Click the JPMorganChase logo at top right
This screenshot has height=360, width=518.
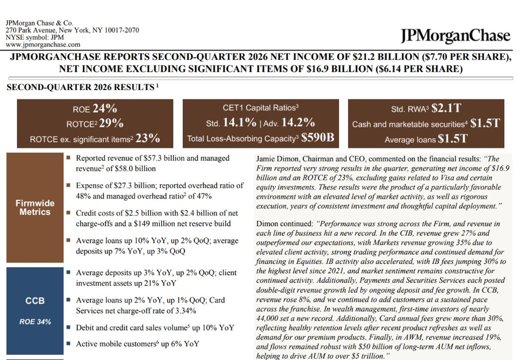pyautogui.click(x=455, y=36)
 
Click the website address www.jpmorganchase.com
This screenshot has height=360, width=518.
pyautogui.click(x=43, y=45)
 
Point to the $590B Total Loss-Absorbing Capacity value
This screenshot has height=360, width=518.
pyautogui.click(x=317, y=137)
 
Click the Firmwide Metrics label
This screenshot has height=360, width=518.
pyautogui.click(x=35, y=207)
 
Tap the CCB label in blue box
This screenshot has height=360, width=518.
pyautogui.click(x=35, y=301)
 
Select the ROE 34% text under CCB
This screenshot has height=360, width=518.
pyautogui.click(x=35, y=322)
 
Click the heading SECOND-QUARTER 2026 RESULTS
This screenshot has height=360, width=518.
pyautogui.click(x=80, y=87)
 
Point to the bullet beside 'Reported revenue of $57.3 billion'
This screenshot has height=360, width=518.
pyautogui.click(x=68, y=158)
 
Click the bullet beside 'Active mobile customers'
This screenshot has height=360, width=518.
pyautogui.click(x=68, y=343)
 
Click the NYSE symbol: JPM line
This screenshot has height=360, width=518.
pyautogui.click(x=35, y=37)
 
